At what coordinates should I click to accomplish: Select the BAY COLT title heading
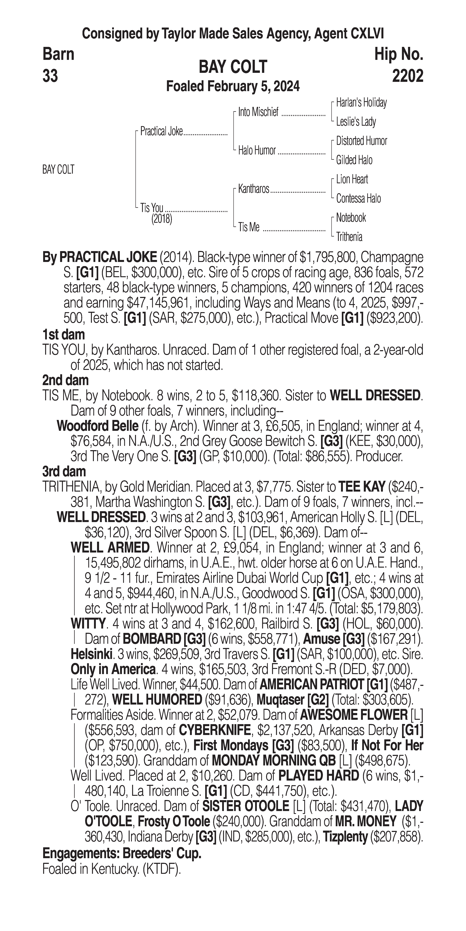(x=233, y=67)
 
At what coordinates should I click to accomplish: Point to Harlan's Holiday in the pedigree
(x=361, y=103)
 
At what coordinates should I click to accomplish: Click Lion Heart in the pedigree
(x=352, y=179)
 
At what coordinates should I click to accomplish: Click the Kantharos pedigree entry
(x=254, y=189)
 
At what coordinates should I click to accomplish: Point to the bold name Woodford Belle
(x=98, y=426)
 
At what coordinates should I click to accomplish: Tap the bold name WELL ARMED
(x=110, y=547)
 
